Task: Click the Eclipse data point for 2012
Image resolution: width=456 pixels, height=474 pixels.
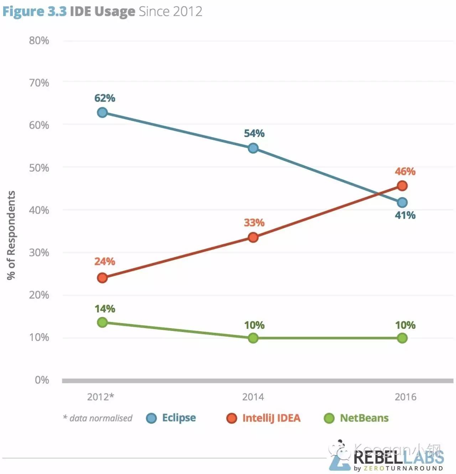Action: tap(102, 113)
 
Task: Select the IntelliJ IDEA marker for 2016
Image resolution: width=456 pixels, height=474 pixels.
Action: tap(402, 186)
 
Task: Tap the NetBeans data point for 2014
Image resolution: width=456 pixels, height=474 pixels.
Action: tap(253, 338)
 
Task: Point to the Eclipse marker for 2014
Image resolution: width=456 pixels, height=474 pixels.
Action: tap(253, 148)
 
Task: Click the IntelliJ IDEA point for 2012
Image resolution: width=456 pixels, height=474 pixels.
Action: tap(102, 278)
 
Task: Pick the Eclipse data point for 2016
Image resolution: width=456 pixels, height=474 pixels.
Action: tap(402, 203)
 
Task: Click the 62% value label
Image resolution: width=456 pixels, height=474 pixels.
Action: tap(105, 98)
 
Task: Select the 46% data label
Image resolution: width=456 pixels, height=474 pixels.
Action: tap(405, 172)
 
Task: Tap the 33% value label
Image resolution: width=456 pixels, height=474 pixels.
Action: tap(254, 223)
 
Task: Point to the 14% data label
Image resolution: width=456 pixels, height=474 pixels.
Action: tap(105, 309)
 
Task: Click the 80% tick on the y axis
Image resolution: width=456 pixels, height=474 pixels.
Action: tap(39, 41)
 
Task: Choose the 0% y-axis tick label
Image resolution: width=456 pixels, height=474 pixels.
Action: tap(42, 380)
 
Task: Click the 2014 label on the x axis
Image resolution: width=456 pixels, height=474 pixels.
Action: tap(253, 397)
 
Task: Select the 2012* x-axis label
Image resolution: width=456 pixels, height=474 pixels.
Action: tap(101, 397)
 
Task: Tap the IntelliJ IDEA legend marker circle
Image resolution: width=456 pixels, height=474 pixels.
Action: tap(232, 418)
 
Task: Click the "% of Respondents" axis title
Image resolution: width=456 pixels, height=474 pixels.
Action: tap(11, 235)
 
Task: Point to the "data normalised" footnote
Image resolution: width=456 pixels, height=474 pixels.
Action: tap(98, 418)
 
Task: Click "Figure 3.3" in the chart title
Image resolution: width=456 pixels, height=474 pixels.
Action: tap(35, 11)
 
